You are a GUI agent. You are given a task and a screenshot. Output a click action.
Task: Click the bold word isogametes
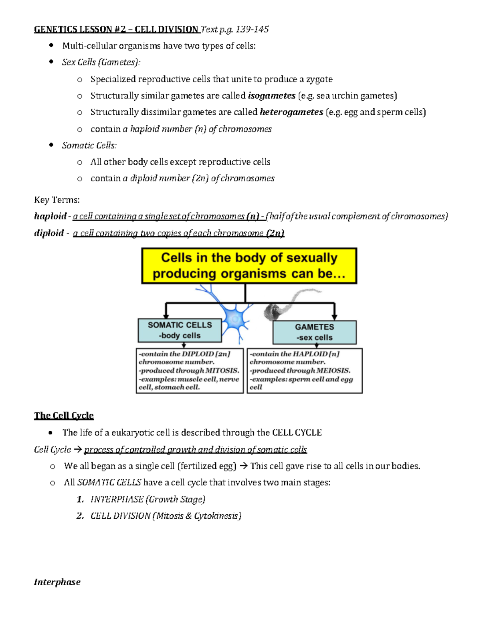tap(271, 96)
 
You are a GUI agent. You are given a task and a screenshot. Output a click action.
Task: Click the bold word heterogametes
tap(291, 112)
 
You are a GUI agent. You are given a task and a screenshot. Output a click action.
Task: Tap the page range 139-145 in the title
tap(252, 29)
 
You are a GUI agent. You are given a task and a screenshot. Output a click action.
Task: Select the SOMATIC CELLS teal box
tap(180, 330)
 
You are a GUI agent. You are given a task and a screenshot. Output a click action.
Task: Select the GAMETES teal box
tap(314, 332)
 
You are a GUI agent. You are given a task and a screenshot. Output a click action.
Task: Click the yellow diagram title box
tap(249, 266)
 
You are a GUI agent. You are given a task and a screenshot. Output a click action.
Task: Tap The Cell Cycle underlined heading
tap(64, 416)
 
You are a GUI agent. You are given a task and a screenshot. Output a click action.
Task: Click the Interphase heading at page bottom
tap(57, 582)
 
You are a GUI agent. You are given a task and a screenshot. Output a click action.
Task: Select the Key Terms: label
tap(57, 200)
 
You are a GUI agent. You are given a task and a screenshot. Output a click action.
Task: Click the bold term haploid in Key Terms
tap(50, 216)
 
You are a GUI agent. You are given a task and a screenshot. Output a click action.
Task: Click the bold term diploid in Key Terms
tap(49, 233)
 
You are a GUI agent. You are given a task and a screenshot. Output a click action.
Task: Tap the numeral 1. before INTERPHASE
tap(80, 499)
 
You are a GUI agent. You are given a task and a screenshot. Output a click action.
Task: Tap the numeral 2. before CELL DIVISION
tap(80, 516)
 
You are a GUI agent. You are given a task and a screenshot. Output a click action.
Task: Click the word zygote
tap(319, 79)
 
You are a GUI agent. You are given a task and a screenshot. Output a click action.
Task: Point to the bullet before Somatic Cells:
tap(51, 145)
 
